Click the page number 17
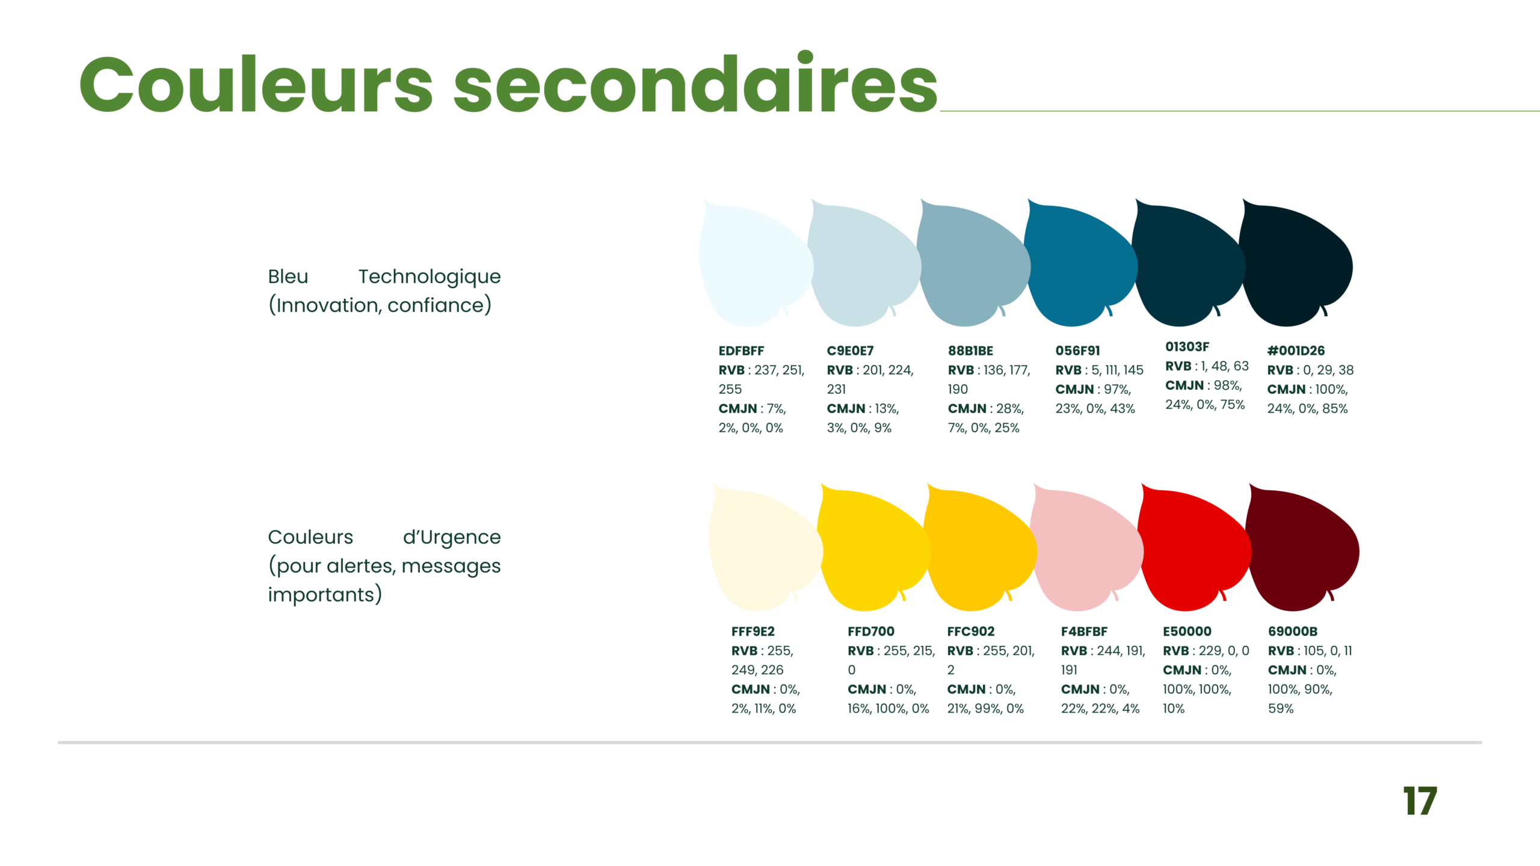point(1420,800)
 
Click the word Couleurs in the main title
point(256,84)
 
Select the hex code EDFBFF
point(741,351)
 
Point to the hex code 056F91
point(1077,351)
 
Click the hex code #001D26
point(1296,351)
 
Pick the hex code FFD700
point(871,631)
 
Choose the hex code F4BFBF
point(1084,631)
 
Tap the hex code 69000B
point(1293,631)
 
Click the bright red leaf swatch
point(1194,550)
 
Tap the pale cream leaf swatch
point(765,550)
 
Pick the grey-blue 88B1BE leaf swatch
point(973,265)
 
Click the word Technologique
point(430,277)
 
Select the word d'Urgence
point(452,537)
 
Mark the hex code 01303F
point(1187,347)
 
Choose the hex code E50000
point(1187,631)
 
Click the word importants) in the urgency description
point(325,595)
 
